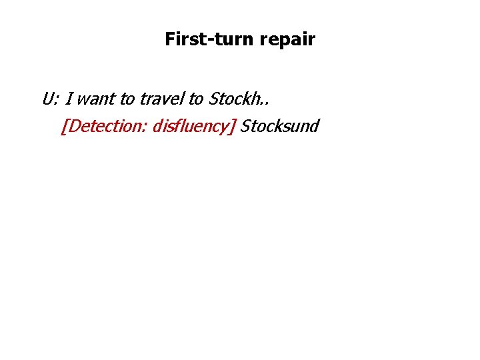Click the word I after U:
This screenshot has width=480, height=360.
[x=69, y=99]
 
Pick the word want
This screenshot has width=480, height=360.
[x=97, y=100]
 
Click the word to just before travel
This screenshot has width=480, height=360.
[x=127, y=100]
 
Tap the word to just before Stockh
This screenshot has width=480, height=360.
[x=196, y=100]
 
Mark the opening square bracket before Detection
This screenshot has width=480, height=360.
[x=63, y=126]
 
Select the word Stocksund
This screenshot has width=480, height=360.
[x=280, y=126]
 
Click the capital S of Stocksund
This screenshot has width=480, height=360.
[x=245, y=126]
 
